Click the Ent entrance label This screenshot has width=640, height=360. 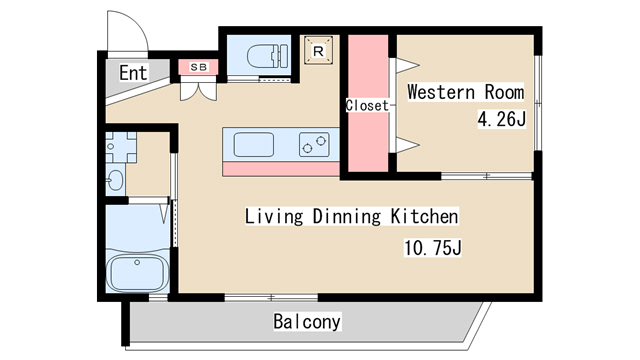(133, 73)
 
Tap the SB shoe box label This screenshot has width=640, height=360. (199, 67)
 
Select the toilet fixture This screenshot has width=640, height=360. (268, 56)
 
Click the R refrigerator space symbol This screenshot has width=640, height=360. (318, 51)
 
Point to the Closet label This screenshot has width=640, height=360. (367, 105)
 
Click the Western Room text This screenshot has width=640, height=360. (466, 92)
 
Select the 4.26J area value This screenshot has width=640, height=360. (502, 119)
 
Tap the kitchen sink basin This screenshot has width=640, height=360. (253, 144)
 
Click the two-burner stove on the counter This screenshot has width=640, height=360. (314, 144)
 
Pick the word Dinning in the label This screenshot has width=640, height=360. (346, 216)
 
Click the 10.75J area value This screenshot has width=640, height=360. (433, 247)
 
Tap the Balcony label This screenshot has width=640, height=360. (307, 321)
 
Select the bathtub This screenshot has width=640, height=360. (137, 273)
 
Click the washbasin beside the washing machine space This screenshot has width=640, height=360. (115, 180)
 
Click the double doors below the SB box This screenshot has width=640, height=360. (198, 91)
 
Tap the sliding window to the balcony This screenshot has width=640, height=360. (271, 298)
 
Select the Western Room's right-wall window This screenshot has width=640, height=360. (538, 103)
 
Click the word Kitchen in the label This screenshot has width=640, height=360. (424, 216)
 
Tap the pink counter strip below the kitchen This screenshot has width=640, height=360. (281, 169)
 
